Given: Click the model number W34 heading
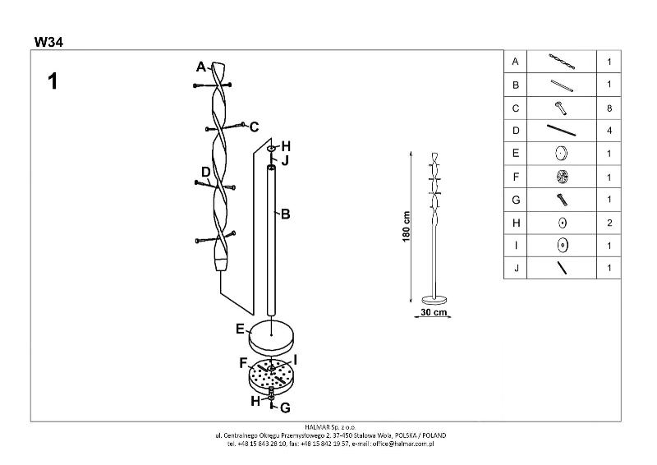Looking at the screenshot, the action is (48, 42).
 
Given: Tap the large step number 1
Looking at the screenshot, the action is (53, 81).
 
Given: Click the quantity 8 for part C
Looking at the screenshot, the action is (609, 108).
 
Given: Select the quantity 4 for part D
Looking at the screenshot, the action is (609, 131).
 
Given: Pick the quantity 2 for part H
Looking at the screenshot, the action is (609, 223).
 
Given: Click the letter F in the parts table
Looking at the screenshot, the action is (516, 177).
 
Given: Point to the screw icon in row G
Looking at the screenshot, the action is (562, 200).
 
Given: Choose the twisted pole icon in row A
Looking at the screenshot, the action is (562, 62).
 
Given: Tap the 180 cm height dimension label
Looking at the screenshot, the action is (406, 227).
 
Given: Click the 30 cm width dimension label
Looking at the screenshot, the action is (434, 312).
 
